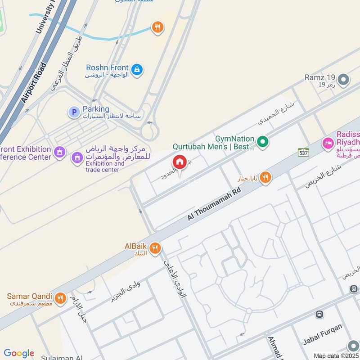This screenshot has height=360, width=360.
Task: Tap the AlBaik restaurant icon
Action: pyautogui.click(x=155, y=248)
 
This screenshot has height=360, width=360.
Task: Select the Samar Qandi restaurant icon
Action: pyautogui.click(x=60, y=297)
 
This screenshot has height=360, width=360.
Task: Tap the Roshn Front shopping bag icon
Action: pyautogui.click(x=138, y=70)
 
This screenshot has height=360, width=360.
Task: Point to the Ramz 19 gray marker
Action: pyautogui.click(x=344, y=80)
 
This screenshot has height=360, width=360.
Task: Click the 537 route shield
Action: pyautogui.click(x=303, y=153)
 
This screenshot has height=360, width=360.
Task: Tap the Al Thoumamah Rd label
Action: pyautogui.click(x=215, y=204)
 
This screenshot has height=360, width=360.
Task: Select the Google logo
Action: pyautogui.click(x=19, y=353)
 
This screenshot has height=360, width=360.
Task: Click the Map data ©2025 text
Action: pyautogui.click(x=336, y=356)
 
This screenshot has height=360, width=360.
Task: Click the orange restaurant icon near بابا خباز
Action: pyautogui.click(x=265, y=178)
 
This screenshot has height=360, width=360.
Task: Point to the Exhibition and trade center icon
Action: pyautogui.click(x=77, y=157)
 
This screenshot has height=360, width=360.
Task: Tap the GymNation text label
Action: pyautogui.click(x=234, y=139)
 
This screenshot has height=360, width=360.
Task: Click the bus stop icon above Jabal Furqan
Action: pyautogui.click(x=320, y=314)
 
